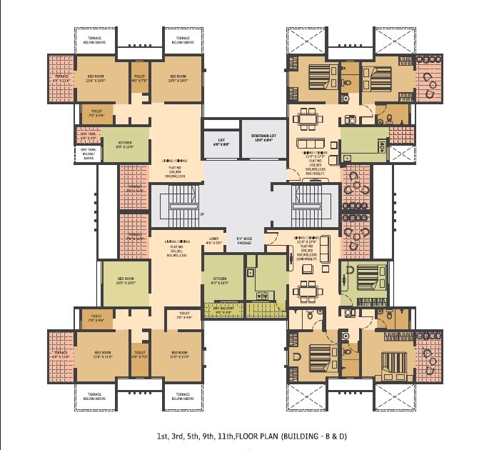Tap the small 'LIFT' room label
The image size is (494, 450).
pos(217,141)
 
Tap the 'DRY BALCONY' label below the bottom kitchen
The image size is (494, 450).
pos(218,310)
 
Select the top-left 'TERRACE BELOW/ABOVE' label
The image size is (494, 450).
pos(99,41)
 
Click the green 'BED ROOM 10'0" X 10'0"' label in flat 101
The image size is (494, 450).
pos(125,281)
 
